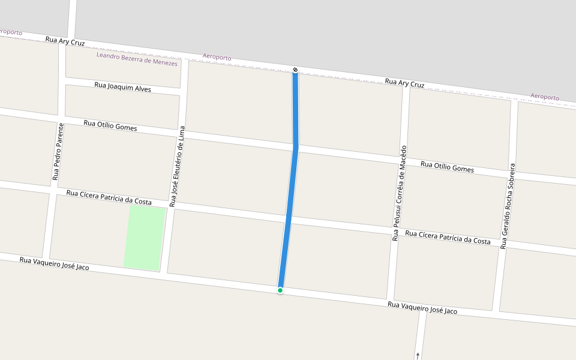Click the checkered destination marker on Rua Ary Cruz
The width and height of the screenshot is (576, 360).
click(295, 70)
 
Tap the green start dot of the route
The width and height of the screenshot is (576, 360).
click(280, 290)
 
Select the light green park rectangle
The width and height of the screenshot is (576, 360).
click(145, 238)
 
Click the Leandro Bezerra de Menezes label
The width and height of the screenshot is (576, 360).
click(137, 59)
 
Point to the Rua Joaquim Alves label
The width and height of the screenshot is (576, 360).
click(122, 87)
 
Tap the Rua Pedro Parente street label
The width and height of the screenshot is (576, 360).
click(58, 151)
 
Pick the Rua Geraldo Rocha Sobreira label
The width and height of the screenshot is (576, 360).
click(508, 205)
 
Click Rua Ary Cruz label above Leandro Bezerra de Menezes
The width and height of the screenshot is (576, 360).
click(65, 41)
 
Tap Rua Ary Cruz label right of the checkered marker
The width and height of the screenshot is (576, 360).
click(404, 83)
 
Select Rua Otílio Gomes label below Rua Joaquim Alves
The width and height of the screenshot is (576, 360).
click(110, 125)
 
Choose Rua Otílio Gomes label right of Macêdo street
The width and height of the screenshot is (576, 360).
click(447, 167)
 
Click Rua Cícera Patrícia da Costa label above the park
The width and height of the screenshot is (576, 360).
click(109, 197)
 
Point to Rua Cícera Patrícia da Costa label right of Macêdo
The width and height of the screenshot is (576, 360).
click(448, 237)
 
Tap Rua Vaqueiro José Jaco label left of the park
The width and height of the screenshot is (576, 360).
click(54, 263)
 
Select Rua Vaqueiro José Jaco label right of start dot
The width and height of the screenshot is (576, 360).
click(422, 308)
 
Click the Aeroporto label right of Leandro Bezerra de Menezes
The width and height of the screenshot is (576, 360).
click(217, 56)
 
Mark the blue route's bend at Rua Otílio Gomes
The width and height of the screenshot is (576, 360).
click(296, 146)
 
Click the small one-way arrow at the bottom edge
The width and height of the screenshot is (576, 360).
click(418, 355)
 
